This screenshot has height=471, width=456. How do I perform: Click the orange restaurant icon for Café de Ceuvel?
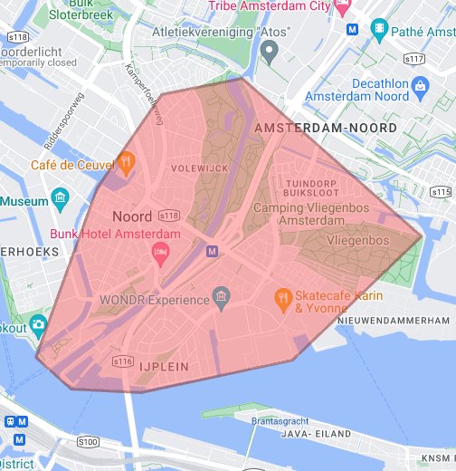pos(126,163)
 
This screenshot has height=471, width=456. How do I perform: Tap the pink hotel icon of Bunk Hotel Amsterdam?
pos(160,251)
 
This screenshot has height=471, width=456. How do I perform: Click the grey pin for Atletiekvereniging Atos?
pos(268,52)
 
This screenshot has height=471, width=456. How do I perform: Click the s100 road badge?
pos(88,441)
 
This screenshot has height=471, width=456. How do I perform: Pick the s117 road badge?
pos(415,58)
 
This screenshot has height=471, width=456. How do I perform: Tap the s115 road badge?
pos(441,192)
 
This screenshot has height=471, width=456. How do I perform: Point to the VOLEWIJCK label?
pos(193,168)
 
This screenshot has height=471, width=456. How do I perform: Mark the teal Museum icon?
pos(61,197)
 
